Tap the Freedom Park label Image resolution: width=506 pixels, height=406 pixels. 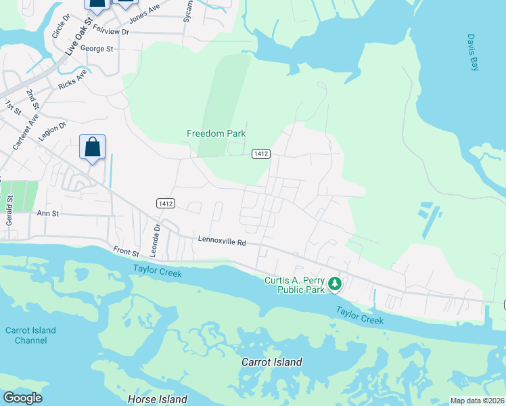pyautogui.click(x=216, y=134)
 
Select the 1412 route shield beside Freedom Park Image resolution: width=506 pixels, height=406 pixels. pyautogui.click(x=262, y=154)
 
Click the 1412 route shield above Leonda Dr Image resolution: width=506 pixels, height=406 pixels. pyautogui.click(x=166, y=203)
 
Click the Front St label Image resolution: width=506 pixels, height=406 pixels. pyautogui.click(x=126, y=252)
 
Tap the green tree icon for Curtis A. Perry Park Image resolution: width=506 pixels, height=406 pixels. pyautogui.click(x=335, y=284)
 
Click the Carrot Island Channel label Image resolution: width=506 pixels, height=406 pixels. pyautogui.click(x=30, y=335)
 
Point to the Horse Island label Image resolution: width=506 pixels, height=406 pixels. pyautogui.click(x=158, y=399)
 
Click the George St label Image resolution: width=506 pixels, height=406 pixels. pyautogui.click(x=97, y=49)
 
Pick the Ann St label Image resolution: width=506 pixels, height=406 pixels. pyautogui.click(x=48, y=213)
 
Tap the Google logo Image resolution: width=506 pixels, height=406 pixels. pyautogui.click(x=22, y=398)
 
